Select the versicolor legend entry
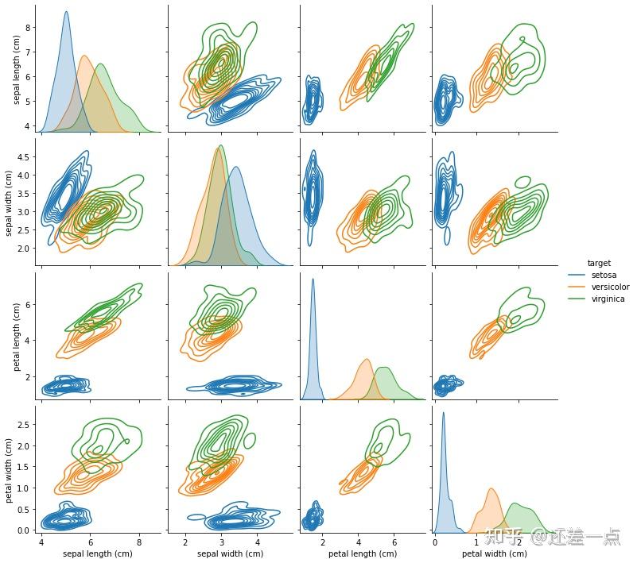[610, 287]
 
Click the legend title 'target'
[599, 263]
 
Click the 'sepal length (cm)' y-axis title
[10, 68]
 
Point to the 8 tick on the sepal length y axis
[27, 27]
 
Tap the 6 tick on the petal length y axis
[27, 304]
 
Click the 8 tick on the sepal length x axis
[139, 542]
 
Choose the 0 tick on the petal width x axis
[435, 542]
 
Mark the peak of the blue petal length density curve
[313, 279]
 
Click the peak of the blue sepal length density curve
[66, 12]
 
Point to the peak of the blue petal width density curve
[443, 412]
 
